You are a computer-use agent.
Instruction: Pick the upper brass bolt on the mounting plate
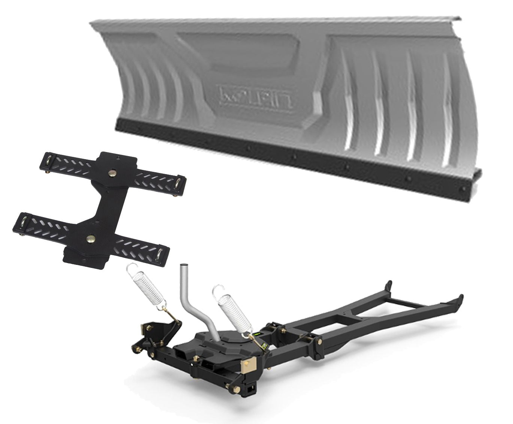pos(112,173)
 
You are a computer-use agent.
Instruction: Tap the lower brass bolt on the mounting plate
pos(90,238)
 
